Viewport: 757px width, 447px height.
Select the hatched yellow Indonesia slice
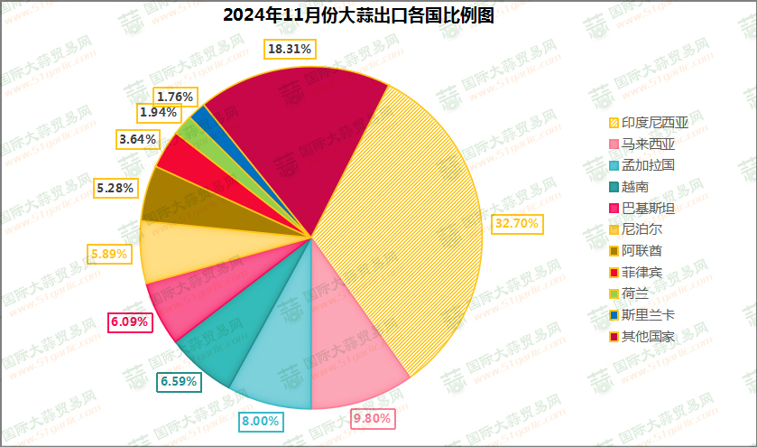click(406, 226)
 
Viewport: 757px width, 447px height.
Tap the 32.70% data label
click(518, 223)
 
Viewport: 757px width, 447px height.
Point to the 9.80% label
click(372, 418)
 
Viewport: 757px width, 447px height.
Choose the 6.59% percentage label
click(179, 381)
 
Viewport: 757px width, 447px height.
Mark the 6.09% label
click(129, 321)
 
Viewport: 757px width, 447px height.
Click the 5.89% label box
click(110, 255)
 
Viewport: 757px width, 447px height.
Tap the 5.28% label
click(115, 188)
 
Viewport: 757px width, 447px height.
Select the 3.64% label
click(138, 139)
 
